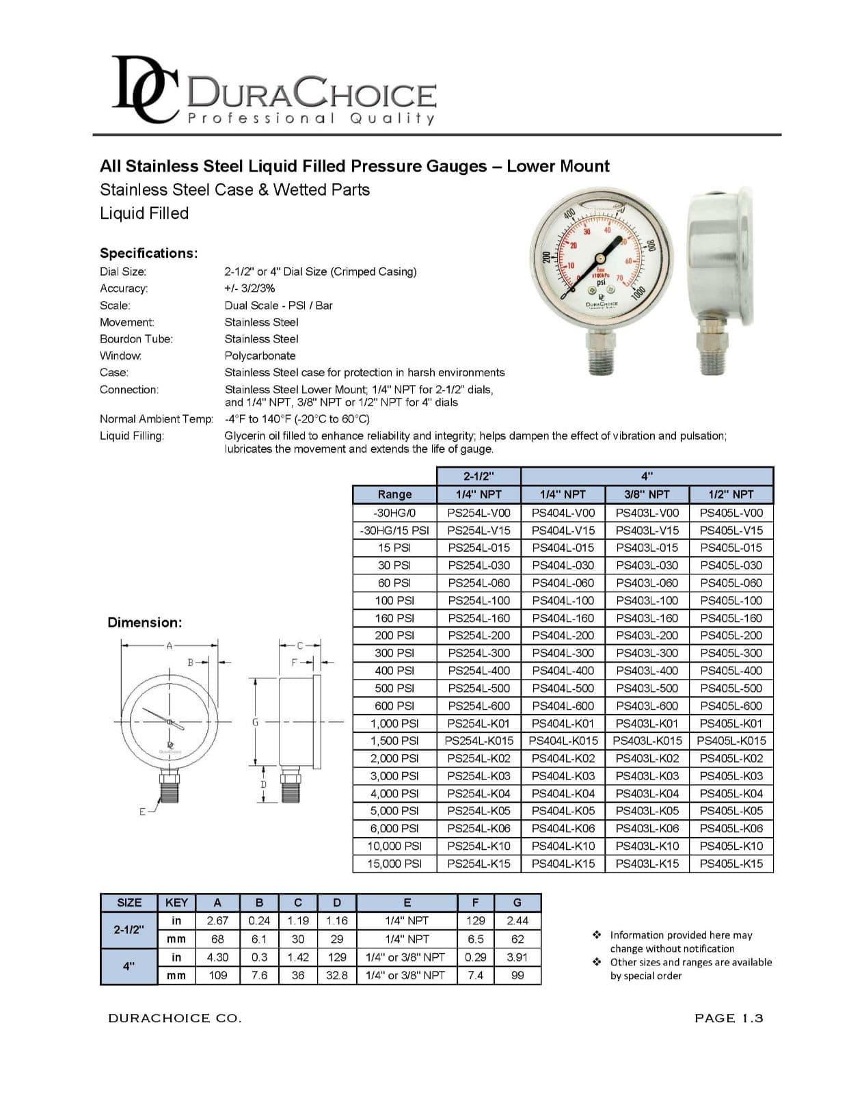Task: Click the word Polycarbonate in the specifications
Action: pos(260,356)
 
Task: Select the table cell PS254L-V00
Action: pos(479,513)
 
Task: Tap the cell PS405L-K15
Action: pos(731,864)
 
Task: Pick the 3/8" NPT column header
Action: pos(647,494)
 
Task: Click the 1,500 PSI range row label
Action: pos(394,741)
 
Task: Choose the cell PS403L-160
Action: pos(647,618)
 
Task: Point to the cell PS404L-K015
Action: pos(563,741)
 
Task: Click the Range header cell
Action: pos(394,494)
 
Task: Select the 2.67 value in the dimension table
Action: pos(217,921)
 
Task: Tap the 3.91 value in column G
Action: pos(517,957)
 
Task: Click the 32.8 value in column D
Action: pos(336,976)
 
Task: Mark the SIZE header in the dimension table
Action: pos(129,903)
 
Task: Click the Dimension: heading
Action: pos(145,623)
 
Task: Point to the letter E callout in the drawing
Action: pos(142,812)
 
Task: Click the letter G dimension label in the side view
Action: pos(255,721)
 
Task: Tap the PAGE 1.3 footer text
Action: pos(728,1019)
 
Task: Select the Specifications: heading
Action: pos(149,253)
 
